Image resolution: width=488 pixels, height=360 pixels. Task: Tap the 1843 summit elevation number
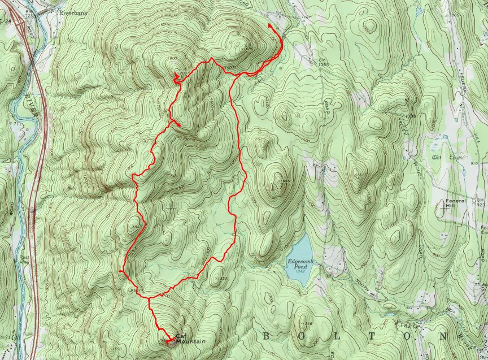pos(136,227)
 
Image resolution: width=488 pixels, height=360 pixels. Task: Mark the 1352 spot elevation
pos(221,278)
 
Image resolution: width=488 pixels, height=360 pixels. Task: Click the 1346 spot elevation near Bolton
pos(307,323)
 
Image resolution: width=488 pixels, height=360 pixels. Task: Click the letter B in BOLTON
pos(267,336)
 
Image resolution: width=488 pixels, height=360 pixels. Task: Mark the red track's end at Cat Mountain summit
pos(167,341)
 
